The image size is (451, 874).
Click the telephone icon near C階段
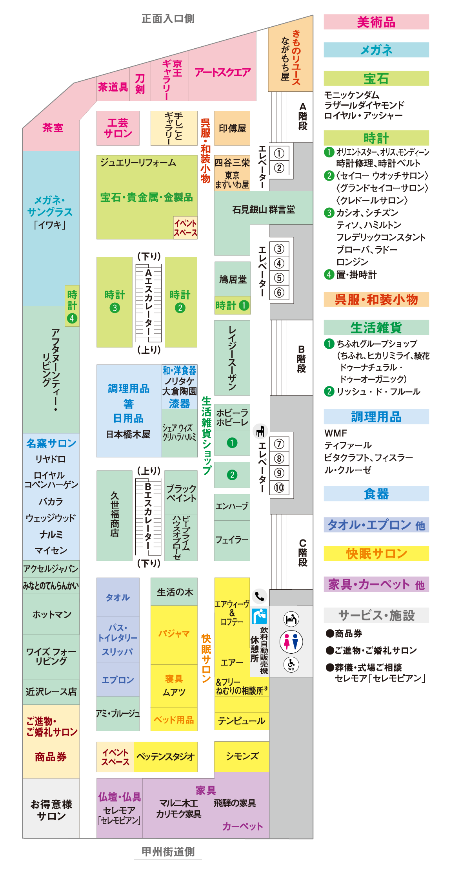[x=259, y=596]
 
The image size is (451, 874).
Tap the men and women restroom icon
[x=291, y=642]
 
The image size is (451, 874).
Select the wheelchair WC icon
[x=291, y=664]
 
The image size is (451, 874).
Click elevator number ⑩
[x=279, y=488]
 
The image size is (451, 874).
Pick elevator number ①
[x=279, y=153]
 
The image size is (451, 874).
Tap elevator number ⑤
[x=279, y=278]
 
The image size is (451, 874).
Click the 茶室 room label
[x=53, y=128]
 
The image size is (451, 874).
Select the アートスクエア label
[x=222, y=72]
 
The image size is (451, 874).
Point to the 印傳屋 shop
[x=232, y=128]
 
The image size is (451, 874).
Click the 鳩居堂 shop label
[x=233, y=279]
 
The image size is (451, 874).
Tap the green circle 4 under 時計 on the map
[x=72, y=318]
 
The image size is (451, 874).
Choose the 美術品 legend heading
[x=376, y=22]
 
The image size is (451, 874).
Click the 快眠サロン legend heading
[x=376, y=554]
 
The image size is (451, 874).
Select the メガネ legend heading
[x=376, y=50]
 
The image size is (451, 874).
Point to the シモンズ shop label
[x=242, y=756]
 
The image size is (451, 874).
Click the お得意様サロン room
[x=51, y=810]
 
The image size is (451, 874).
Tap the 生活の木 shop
[x=175, y=592]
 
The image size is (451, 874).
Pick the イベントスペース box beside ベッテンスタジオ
[x=115, y=757]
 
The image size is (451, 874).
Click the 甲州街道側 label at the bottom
[x=168, y=852]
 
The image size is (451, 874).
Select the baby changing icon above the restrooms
[x=291, y=619]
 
